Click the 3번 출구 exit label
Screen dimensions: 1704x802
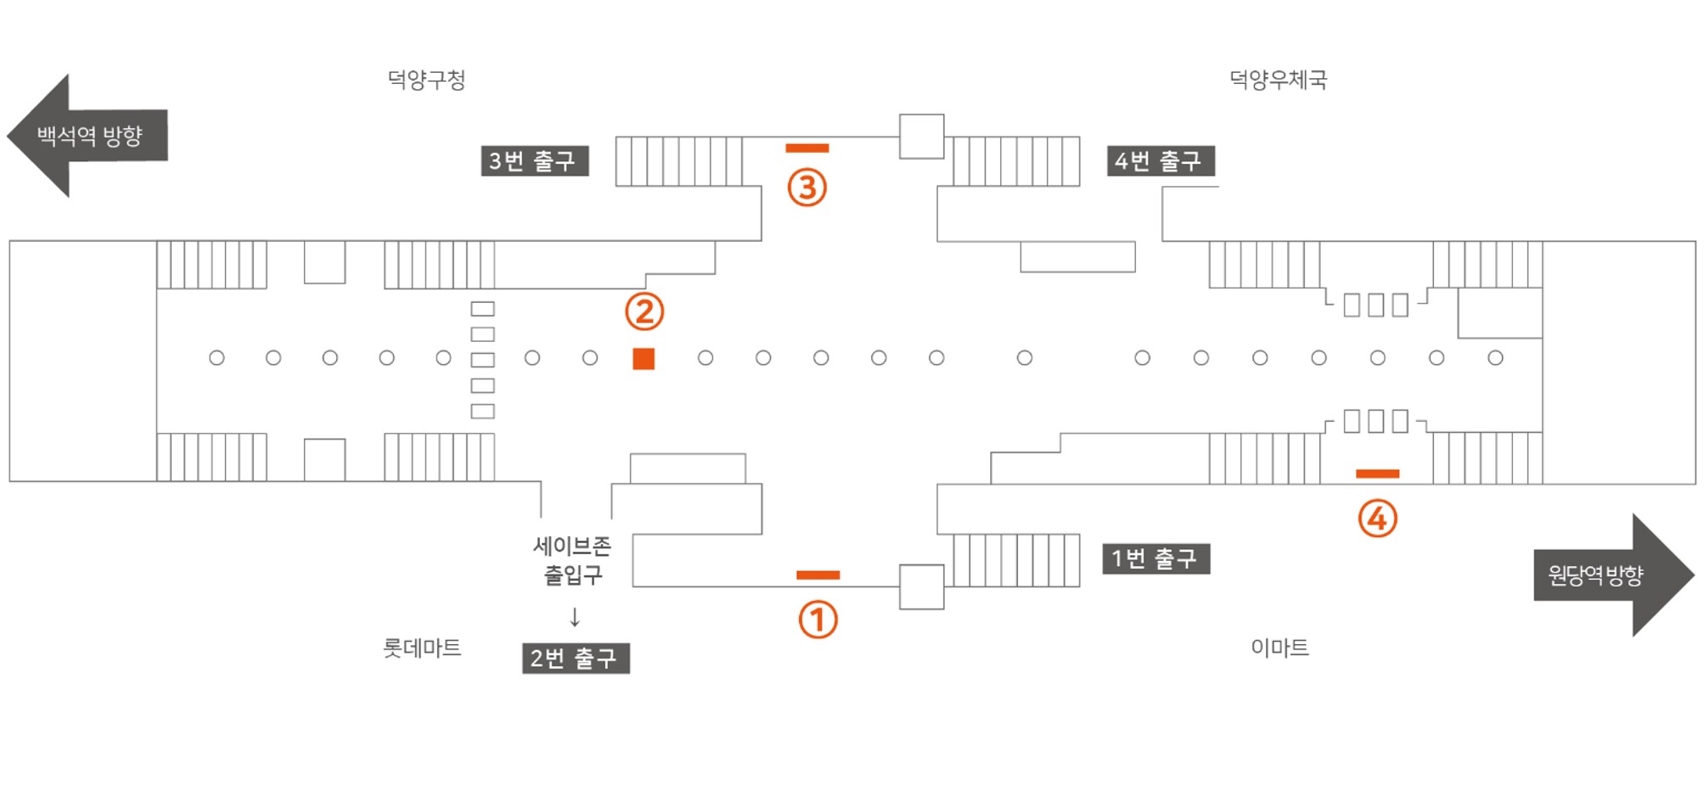(x=535, y=160)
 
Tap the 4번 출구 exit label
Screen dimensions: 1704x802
(x=1161, y=160)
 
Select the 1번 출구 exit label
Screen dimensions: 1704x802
(x=1156, y=558)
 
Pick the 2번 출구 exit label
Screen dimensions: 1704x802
(x=576, y=658)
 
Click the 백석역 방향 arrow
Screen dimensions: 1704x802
(x=87, y=136)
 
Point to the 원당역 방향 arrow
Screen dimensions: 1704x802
(x=1613, y=575)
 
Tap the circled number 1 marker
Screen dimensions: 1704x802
(x=818, y=620)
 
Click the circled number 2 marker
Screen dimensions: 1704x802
(x=644, y=311)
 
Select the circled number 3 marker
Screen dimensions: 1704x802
(x=807, y=188)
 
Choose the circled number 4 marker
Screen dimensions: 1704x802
(x=1377, y=519)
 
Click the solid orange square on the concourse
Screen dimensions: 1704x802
(x=644, y=359)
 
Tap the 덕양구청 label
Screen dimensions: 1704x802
(x=426, y=80)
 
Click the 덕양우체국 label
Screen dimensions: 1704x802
(x=1279, y=80)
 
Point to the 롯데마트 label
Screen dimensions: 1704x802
(x=422, y=648)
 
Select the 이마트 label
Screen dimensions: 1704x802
(x=1279, y=648)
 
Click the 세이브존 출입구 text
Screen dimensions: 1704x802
(x=572, y=560)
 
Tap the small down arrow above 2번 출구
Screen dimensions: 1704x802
(x=575, y=616)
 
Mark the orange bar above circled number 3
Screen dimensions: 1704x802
(x=807, y=149)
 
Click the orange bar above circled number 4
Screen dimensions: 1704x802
(x=1377, y=474)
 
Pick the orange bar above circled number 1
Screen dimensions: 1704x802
(x=818, y=575)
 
